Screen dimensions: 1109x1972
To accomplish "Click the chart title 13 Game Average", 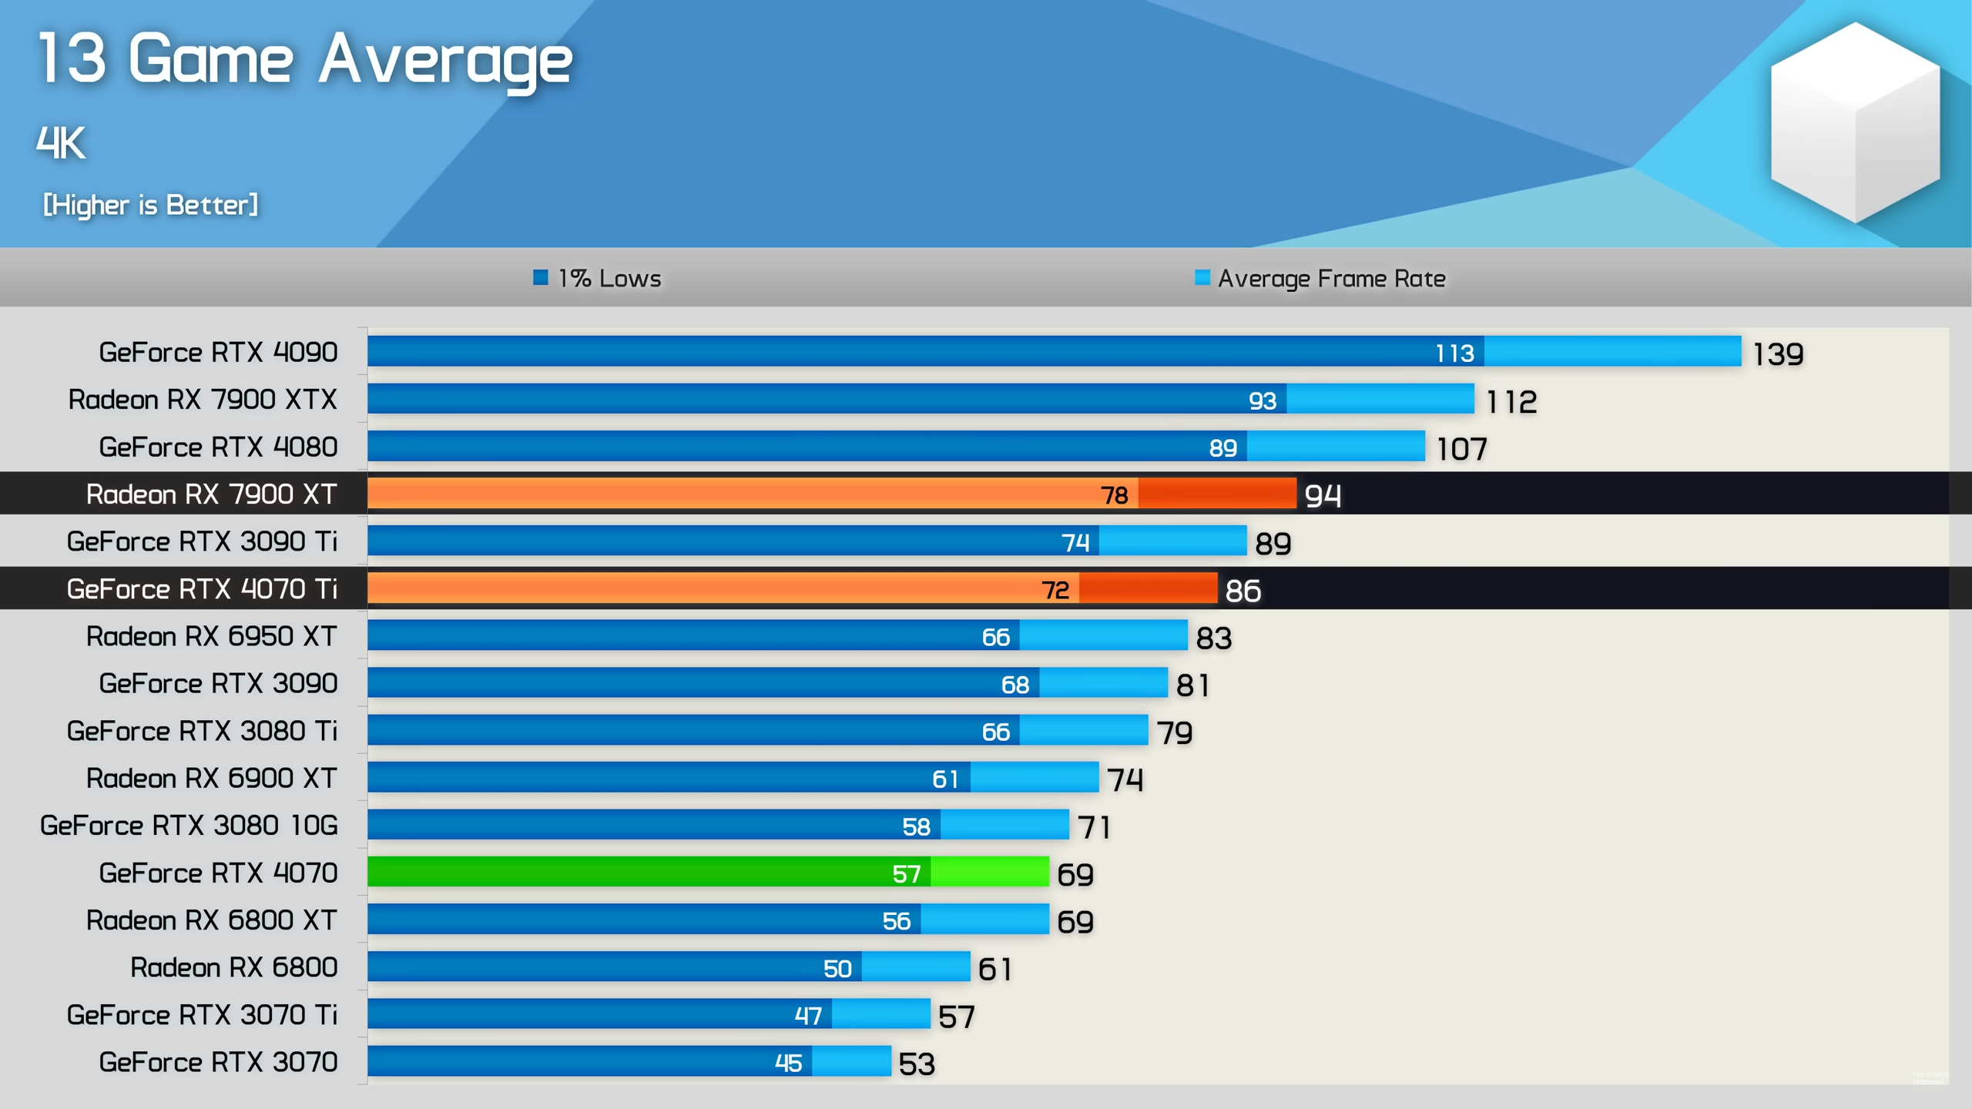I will pos(305,60).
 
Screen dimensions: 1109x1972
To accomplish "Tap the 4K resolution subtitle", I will pos(61,143).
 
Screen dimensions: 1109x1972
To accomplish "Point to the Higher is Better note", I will pos(150,205).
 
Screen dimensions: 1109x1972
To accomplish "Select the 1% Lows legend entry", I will pos(597,278).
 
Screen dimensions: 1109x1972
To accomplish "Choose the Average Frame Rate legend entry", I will pos(1320,278).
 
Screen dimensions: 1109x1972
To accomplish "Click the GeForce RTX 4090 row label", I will pos(218,352).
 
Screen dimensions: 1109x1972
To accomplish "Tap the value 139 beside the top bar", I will pos(1778,354).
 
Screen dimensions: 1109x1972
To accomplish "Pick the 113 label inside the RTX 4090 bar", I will pos(1454,353).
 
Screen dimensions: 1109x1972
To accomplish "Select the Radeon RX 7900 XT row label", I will pos(211,494).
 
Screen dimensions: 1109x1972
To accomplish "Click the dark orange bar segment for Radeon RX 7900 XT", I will pos(1217,494).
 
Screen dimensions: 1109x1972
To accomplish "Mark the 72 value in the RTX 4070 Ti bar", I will pos(1055,590).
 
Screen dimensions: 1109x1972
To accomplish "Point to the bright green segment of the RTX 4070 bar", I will pos(989,872).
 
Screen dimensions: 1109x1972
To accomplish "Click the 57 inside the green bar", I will pos(906,873).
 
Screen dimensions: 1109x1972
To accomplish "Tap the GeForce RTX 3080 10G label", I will pos(189,825).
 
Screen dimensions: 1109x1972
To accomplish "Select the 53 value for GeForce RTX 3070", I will pos(917,1064).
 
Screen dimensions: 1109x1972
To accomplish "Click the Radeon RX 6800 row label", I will pos(233,967).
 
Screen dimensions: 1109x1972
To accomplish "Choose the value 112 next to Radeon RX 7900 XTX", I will pos(1511,401).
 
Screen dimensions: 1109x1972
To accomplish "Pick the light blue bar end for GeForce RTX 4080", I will pos(1336,446).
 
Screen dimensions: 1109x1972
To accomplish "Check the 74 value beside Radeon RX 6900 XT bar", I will pos(1125,779).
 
